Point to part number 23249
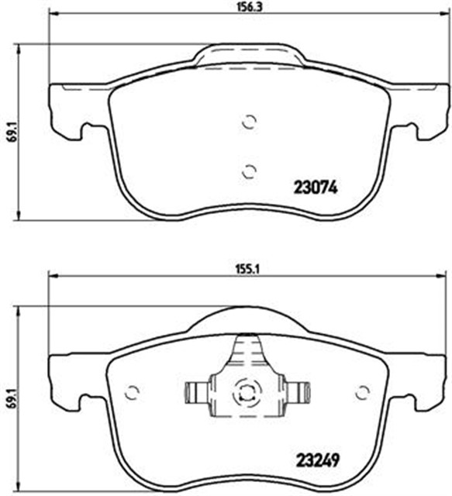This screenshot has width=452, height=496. (318, 457)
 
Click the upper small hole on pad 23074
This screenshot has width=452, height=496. (249, 122)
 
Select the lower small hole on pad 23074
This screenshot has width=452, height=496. (249, 171)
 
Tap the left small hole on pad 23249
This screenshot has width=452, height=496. (132, 391)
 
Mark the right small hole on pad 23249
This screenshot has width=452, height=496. (361, 391)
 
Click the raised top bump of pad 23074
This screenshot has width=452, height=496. (247, 56)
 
